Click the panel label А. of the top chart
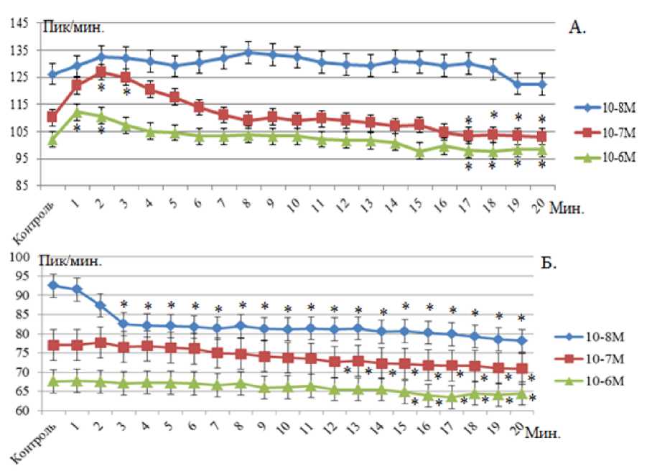pyautogui.click(x=577, y=28)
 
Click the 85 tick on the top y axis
pyautogui.click(x=22, y=185)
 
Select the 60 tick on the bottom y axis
pyautogui.click(x=22, y=411)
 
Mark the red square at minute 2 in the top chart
pyautogui.click(x=101, y=72)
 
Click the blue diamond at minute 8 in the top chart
pyautogui.click(x=248, y=52)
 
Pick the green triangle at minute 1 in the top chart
pyautogui.click(x=77, y=111)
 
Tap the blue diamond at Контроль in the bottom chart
pyautogui.click(x=52, y=285)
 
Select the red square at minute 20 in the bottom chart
pyautogui.click(x=521, y=368)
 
